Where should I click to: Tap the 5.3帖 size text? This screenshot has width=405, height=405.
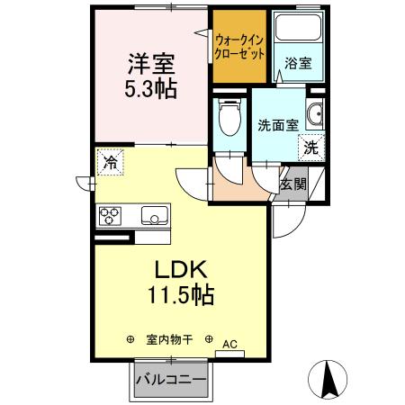point(150,88)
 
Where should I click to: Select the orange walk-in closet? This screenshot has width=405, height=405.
point(240,47)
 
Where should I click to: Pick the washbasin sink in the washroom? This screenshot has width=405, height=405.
point(316,115)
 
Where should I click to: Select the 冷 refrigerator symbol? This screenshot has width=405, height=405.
point(110,163)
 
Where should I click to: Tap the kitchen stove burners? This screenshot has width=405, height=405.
point(112,216)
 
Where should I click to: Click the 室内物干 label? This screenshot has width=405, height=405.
point(170,340)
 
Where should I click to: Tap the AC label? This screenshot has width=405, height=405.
point(229,343)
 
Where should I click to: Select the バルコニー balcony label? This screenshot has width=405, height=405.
point(171,380)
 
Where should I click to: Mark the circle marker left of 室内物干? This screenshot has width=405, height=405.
point(131,340)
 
